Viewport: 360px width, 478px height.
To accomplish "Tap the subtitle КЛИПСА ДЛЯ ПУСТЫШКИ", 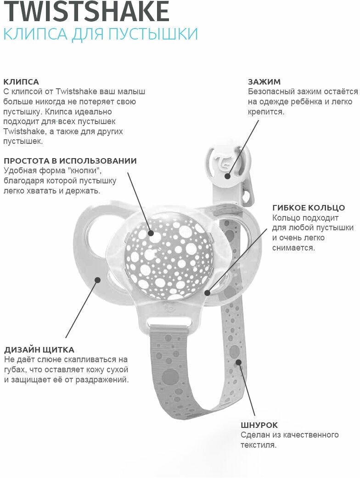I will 101,34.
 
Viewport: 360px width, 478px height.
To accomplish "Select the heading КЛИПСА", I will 21,82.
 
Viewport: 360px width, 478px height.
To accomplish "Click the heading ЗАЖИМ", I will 264,82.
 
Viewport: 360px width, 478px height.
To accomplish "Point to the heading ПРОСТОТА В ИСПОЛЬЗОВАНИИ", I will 70,161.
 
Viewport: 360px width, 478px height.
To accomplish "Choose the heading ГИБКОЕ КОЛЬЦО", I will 309,208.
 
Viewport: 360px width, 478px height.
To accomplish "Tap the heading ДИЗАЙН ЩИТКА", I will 39,350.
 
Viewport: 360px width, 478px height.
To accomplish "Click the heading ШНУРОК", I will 259,425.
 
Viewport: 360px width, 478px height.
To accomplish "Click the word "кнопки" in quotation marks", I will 88,171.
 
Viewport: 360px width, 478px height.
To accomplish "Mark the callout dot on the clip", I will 227,176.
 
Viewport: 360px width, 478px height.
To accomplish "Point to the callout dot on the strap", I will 238,362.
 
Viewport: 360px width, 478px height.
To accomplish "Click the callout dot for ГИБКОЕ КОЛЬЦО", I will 208,292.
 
